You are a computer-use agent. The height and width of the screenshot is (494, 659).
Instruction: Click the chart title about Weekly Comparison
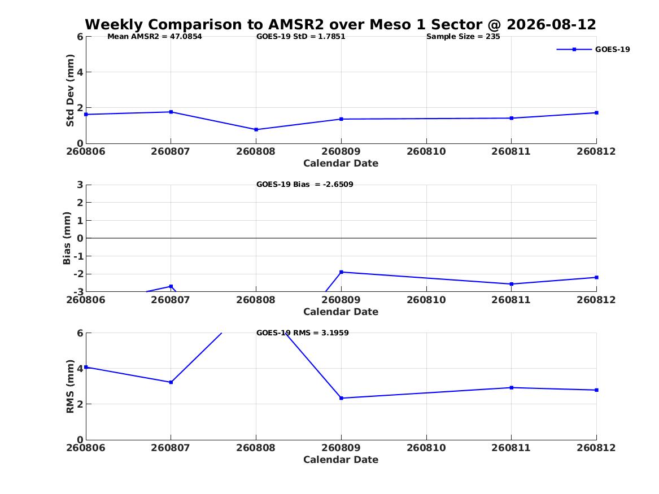[x=341, y=24]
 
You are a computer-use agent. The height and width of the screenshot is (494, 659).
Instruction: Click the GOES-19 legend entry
[x=593, y=49]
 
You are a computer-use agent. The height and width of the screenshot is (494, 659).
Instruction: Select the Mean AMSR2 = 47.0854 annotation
[x=155, y=37]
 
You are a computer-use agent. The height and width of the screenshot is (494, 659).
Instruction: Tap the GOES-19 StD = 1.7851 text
[x=301, y=37]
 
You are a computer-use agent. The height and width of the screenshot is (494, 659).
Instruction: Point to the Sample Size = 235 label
[x=463, y=37]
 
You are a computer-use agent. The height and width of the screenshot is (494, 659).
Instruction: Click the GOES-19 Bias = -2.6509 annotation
[x=305, y=185]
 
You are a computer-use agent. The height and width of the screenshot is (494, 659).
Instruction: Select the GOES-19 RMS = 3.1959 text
[x=303, y=333]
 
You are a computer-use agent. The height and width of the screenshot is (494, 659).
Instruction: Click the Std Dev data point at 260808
[x=256, y=129]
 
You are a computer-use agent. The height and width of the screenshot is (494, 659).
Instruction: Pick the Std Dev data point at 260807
[x=171, y=112]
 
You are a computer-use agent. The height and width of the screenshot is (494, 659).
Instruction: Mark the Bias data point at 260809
[x=341, y=272]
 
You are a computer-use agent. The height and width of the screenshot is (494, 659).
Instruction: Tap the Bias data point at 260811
[x=512, y=284]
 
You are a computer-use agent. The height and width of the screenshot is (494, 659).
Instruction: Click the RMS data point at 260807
[x=171, y=382]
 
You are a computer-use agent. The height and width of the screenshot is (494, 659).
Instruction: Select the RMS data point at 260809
[x=341, y=398]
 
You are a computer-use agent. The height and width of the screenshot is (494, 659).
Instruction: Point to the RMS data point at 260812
[x=596, y=390]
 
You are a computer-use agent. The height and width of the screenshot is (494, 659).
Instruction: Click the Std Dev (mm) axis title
[x=70, y=90]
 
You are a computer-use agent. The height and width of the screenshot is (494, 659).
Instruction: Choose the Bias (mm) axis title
[x=67, y=238]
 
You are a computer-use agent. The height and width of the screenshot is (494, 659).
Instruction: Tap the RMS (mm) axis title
[x=70, y=387]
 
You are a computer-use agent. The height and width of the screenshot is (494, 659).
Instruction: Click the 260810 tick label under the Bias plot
[x=426, y=300]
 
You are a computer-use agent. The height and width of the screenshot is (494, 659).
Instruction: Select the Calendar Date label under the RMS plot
[x=341, y=460]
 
